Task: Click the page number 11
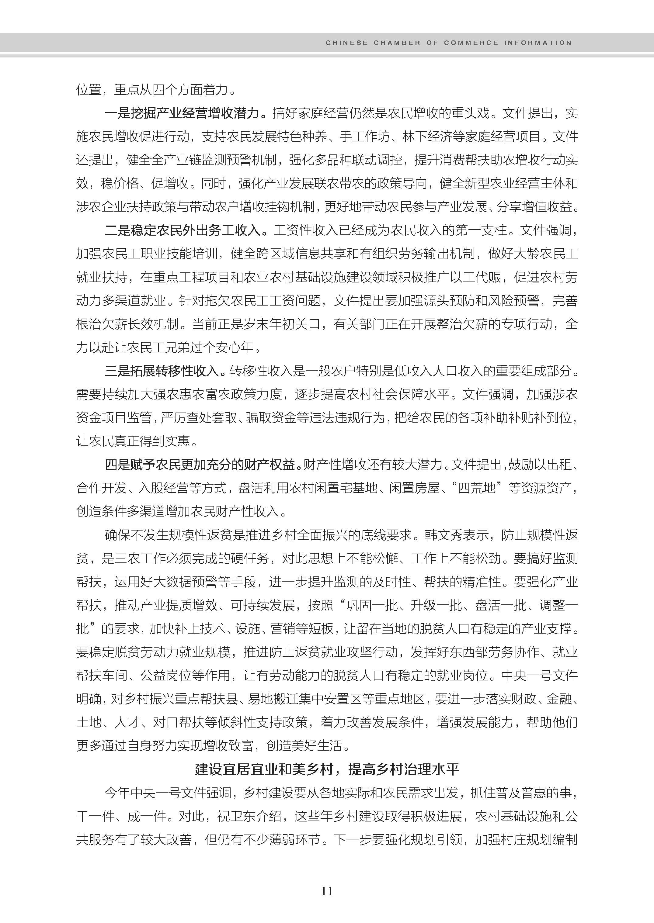pos(327,891)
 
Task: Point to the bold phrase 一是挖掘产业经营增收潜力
pos(182,113)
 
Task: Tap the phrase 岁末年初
pos(269,324)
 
